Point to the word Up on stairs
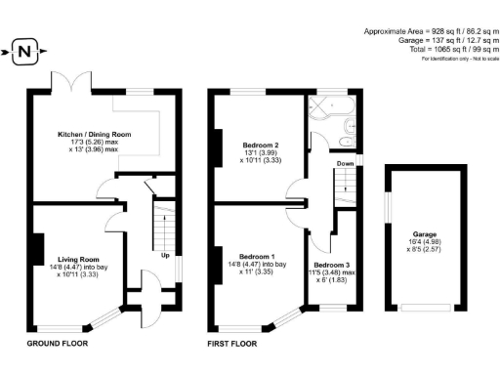pyautogui.click(x=164, y=256)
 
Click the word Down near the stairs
pyautogui.click(x=345, y=164)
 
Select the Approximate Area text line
pyautogui.click(x=431, y=31)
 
